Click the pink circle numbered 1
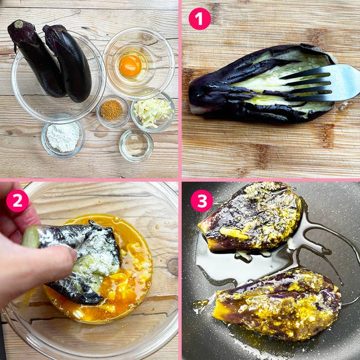pos(200,19)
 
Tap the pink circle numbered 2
pos(17,201)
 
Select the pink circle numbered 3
pos(202,201)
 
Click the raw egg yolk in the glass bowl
pos(131,66)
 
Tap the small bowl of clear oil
pos(136,145)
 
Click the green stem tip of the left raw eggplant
pos(19,24)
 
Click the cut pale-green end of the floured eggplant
pos(30,237)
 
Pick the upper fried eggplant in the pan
pos(249,217)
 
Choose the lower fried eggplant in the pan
pos(278,304)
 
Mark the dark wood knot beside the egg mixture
pos(173,267)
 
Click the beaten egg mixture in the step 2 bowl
pos(129,276)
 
